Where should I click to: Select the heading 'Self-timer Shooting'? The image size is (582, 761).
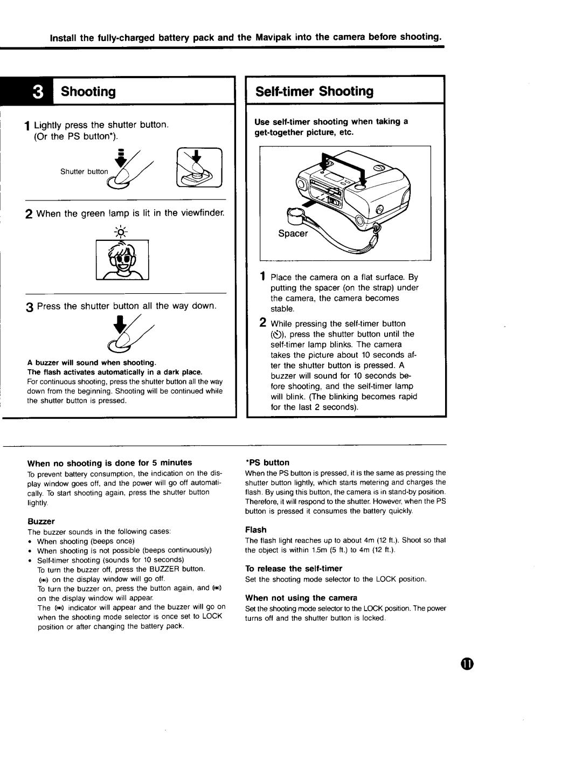tap(314, 91)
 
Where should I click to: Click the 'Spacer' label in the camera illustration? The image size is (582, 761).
tap(293, 233)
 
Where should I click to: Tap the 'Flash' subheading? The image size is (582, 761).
tap(256, 530)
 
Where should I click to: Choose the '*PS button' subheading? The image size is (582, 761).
tap(267, 462)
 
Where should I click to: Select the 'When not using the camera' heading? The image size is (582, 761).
tap(301, 598)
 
